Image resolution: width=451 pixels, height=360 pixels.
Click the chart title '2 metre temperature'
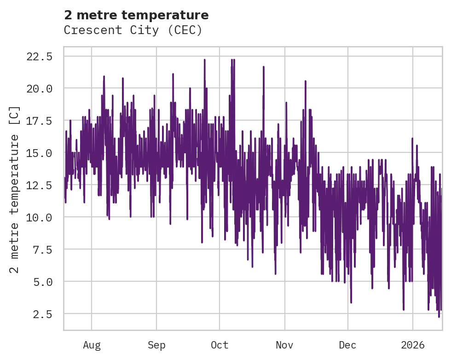point(136,15)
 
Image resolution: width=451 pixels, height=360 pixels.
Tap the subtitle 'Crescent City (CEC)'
point(133,30)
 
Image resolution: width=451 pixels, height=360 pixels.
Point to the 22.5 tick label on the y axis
point(40,57)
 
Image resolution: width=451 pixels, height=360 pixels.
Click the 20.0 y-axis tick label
point(40,88)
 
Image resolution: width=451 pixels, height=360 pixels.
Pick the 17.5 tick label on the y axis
point(40,121)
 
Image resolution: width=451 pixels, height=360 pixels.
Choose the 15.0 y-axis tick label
point(40,153)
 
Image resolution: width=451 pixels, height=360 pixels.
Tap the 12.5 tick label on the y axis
point(40,185)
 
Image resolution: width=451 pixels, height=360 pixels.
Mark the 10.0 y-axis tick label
point(40,217)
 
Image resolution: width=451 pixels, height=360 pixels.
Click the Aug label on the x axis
point(92,345)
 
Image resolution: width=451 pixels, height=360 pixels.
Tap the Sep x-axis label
point(156,345)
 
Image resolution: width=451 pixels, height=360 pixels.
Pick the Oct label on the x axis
point(220,345)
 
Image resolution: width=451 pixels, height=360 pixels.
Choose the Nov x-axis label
point(285,345)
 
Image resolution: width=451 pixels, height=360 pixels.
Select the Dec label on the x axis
point(348,345)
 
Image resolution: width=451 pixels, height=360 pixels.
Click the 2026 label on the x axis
point(413,345)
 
